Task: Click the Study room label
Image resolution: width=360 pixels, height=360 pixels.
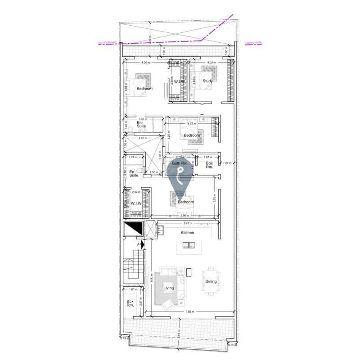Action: [x=207, y=81]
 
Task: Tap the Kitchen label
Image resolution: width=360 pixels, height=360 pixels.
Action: [x=187, y=233]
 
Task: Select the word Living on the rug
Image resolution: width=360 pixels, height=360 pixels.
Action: [x=168, y=288]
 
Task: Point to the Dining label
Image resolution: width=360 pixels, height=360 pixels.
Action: [x=211, y=282]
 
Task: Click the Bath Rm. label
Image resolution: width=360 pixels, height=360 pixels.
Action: [x=180, y=163]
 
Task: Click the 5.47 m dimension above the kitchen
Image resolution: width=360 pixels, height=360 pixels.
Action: [x=188, y=223]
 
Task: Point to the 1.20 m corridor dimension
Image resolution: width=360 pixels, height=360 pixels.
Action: [x=228, y=163]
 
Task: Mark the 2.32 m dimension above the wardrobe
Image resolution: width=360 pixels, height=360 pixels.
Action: [x=136, y=192]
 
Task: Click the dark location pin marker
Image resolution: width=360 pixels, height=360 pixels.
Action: [x=180, y=178]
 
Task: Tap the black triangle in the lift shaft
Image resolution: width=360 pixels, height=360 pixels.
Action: [x=133, y=229]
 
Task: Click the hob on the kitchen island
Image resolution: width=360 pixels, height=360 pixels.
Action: [x=188, y=245]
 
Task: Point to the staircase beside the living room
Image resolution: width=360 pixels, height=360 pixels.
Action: [x=134, y=265]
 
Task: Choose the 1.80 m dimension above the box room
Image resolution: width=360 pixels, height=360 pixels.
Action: [x=133, y=289]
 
